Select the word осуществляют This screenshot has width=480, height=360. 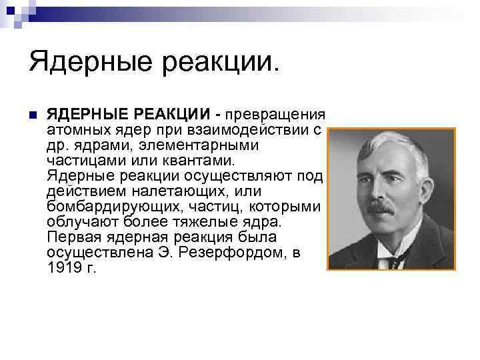click(x=239, y=176)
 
